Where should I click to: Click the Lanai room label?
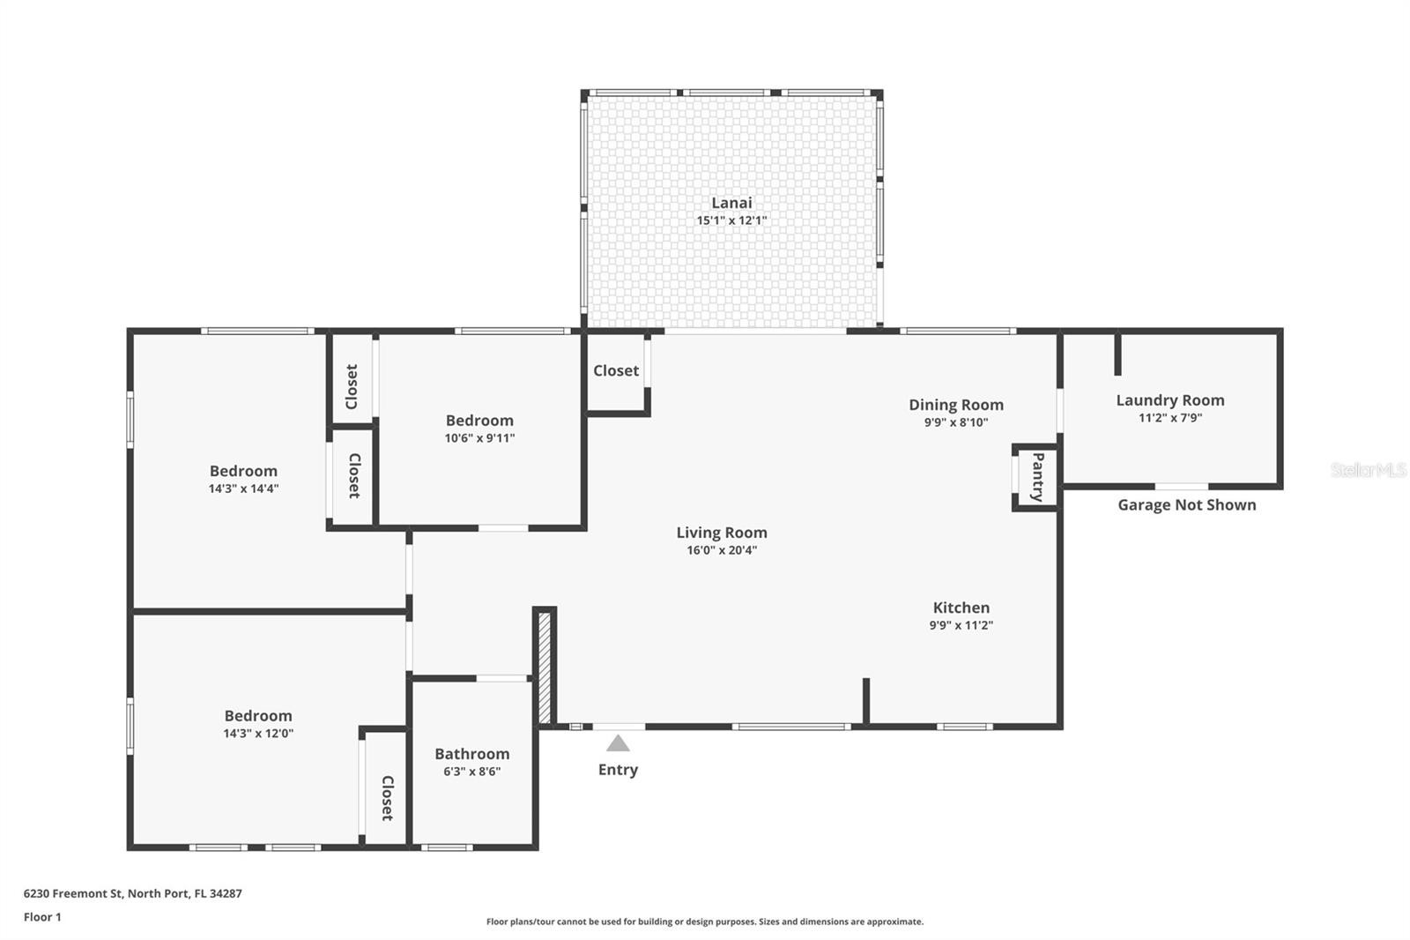click(x=731, y=203)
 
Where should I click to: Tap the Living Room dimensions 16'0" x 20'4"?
click(x=722, y=550)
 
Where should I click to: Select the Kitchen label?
click(x=961, y=608)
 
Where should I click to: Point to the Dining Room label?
click(x=956, y=405)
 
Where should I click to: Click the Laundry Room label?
click(x=1170, y=400)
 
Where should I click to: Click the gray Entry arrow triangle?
click(x=618, y=743)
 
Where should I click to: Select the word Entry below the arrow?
click(x=618, y=770)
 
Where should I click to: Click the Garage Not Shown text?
click(x=1186, y=505)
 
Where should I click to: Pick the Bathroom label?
click(x=472, y=754)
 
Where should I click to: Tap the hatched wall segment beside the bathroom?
click(x=545, y=668)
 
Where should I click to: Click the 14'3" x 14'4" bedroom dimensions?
click(x=243, y=489)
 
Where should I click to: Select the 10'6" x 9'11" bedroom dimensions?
click(x=479, y=438)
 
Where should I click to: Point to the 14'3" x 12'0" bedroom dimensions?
click(x=258, y=734)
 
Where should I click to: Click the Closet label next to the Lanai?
click(x=616, y=371)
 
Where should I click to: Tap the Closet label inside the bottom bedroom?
click(x=388, y=798)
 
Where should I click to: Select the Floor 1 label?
click(x=42, y=917)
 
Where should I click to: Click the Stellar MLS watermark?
click(x=1369, y=470)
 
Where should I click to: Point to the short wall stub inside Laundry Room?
click(x=1118, y=354)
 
